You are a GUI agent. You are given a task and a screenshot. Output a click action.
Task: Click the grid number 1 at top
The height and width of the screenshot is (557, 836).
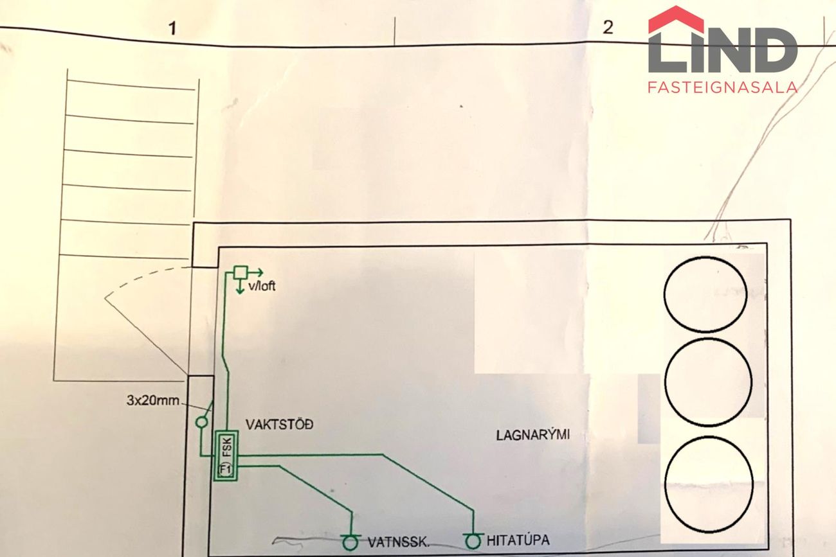[172, 28]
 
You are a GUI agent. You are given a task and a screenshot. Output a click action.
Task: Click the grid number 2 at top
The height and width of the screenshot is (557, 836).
[608, 27]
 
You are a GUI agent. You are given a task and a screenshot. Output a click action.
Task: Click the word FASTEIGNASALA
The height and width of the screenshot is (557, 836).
[723, 87]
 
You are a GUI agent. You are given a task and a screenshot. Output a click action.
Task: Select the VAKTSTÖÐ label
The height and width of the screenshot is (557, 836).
[280, 424]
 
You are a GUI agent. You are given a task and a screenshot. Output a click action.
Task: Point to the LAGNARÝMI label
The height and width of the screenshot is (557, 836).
[533, 435]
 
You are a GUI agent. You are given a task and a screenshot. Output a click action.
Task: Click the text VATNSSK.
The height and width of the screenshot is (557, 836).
[399, 542]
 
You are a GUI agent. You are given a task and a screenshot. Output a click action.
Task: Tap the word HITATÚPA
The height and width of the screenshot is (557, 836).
[518, 540]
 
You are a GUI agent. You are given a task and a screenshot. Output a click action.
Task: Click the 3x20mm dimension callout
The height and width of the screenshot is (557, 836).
[152, 400]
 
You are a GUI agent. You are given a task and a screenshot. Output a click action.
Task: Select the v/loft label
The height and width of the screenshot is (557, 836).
[262, 286]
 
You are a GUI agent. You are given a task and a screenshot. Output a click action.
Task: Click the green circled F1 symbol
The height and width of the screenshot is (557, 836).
[226, 470]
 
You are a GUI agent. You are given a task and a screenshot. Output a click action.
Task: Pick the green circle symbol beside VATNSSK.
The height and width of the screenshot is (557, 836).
[350, 542]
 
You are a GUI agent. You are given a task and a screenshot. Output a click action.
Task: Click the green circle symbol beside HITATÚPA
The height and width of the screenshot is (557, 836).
[473, 542]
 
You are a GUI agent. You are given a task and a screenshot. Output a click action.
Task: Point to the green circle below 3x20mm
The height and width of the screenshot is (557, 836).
[201, 423]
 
